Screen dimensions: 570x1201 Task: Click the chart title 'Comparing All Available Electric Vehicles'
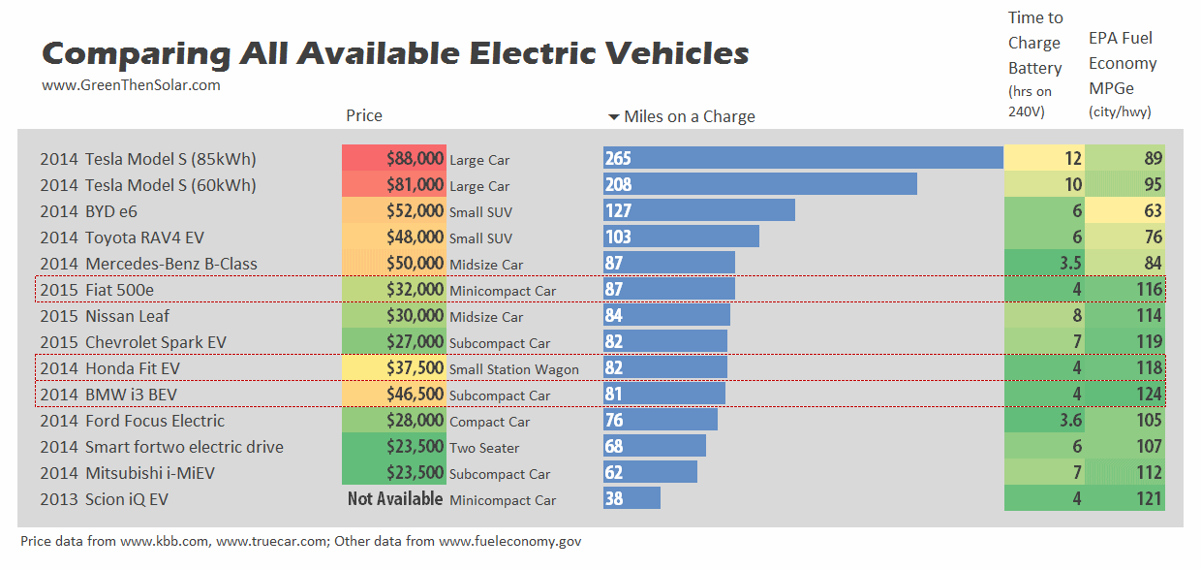(x=395, y=52)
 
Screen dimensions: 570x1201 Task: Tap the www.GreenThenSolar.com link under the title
(x=131, y=85)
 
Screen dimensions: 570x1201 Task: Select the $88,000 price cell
(x=394, y=158)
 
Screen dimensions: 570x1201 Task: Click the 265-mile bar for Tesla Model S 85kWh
(x=803, y=158)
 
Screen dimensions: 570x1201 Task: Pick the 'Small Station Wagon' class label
(x=513, y=369)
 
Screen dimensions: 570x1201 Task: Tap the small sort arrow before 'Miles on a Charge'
(x=613, y=117)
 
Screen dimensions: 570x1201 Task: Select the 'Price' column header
(x=364, y=115)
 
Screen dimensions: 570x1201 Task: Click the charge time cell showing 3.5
(x=1044, y=264)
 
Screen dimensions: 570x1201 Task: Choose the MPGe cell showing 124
(x=1124, y=395)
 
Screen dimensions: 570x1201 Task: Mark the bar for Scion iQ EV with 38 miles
(x=631, y=498)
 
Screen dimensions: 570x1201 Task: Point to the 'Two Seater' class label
(x=484, y=448)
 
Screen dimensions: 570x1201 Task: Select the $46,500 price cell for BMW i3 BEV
(x=394, y=395)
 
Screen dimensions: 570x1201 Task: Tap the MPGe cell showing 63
(x=1124, y=211)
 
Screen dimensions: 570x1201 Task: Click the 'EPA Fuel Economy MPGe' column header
(x=1123, y=63)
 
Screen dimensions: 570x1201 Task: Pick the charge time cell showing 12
(x=1044, y=158)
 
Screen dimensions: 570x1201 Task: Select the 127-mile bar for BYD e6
(x=698, y=210)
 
